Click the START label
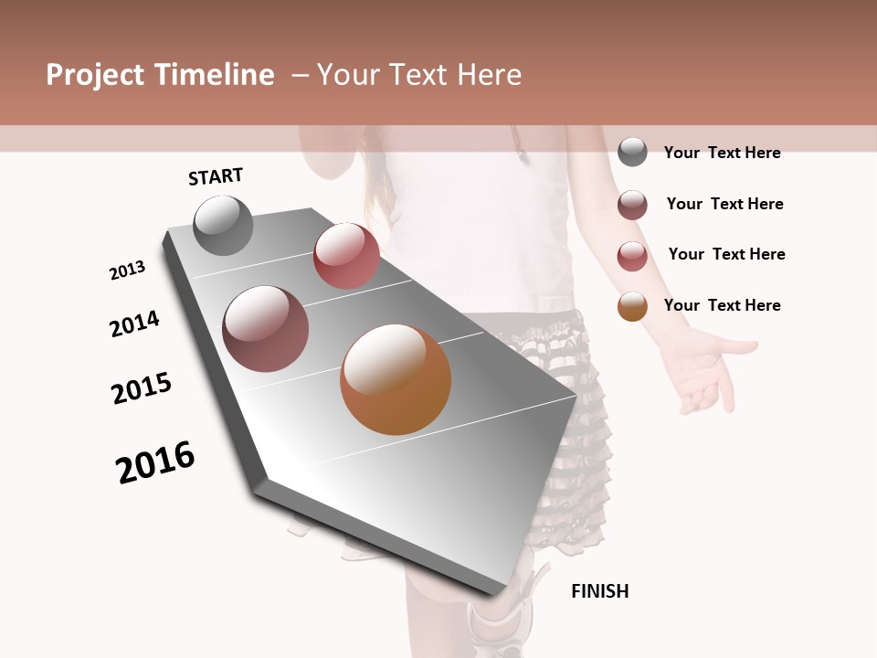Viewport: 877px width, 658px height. [216, 176]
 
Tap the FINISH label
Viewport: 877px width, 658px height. [600, 591]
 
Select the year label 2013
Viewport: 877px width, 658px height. [128, 271]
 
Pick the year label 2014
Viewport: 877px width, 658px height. [135, 324]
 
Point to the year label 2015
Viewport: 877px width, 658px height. [142, 388]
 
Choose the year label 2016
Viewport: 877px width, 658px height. [155, 462]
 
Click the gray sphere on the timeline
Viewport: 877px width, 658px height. [224, 225]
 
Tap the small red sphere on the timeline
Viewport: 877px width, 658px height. [346, 256]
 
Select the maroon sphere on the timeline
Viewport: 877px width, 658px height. [266, 329]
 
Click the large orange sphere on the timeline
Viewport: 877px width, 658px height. [396, 379]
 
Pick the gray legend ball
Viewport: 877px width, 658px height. [632, 152]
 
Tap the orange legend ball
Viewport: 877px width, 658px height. [632, 306]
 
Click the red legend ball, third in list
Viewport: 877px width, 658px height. [632, 256]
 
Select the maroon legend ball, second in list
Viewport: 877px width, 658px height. [632, 205]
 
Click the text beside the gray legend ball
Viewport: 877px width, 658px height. [722, 153]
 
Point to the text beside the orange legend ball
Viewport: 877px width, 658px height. [722, 305]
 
